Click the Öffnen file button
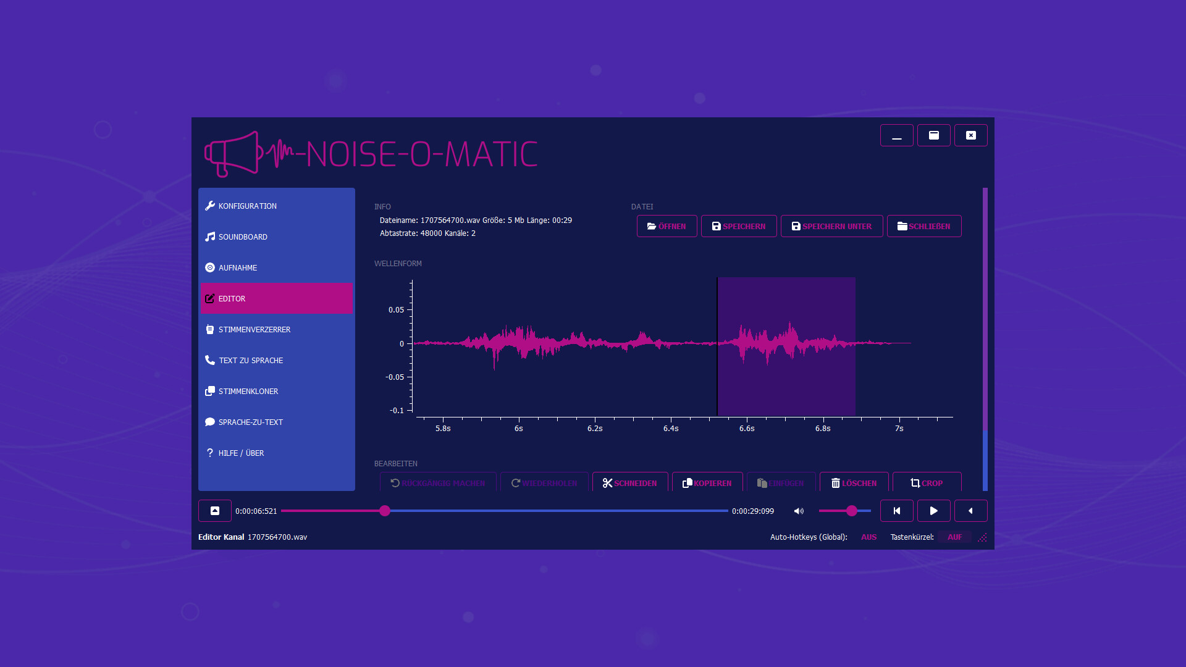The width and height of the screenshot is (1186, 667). [x=667, y=226]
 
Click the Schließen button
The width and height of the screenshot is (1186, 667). [x=923, y=226]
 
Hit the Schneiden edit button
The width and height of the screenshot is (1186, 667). [x=629, y=482]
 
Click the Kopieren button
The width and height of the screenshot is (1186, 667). [x=707, y=482]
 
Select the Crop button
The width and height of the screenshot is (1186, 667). [x=927, y=482]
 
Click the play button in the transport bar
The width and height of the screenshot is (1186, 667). [x=933, y=511]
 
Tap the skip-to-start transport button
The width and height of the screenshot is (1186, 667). [x=896, y=511]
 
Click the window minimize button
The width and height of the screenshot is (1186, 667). [x=896, y=135]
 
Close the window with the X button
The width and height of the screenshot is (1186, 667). [x=970, y=135]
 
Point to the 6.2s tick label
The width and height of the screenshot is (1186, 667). [x=594, y=429]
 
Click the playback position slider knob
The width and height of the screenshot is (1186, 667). [x=385, y=511]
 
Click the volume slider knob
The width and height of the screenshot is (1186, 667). [x=852, y=511]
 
